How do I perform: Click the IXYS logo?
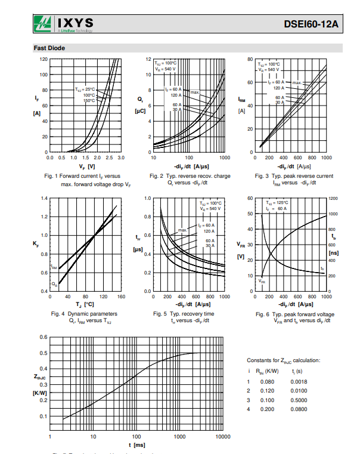tap(62, 24)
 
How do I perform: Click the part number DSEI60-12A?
tap(312, 24)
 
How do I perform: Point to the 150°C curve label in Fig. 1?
tap(89, 101)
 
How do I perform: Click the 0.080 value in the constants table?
tap(268, 382)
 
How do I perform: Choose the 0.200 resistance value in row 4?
tap(268, 409)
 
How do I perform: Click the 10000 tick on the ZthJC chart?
tap(222, 437)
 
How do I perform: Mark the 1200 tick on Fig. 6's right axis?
tap(333, 198)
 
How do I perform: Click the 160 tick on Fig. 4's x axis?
tap(121, 297)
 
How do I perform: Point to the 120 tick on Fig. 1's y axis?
tap(44, 59)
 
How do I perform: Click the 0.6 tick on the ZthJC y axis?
tap(44, 337)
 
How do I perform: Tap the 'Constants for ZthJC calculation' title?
tap(283, 360)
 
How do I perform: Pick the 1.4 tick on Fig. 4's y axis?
tap(44, 198)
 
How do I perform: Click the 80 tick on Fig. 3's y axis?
tap(251, 59)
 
